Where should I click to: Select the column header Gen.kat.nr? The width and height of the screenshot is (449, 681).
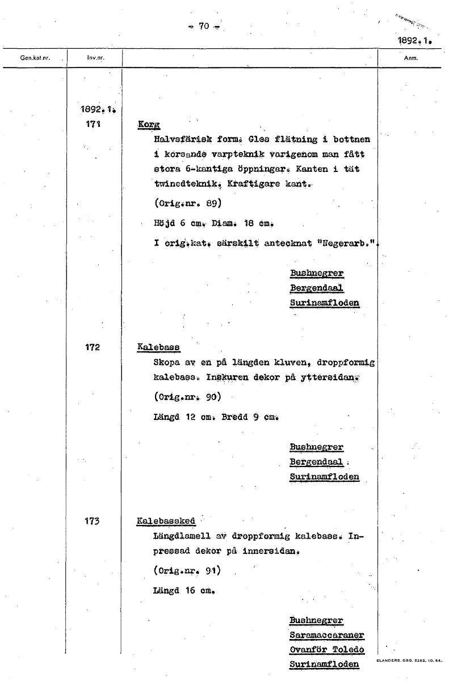click(x=34, y=58)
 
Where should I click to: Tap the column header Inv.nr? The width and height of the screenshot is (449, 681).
click(x=95, y=58)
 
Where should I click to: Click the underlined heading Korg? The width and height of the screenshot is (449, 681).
click(x=149, y=124)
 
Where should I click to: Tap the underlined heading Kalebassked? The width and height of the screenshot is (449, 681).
click(x=166, y=521)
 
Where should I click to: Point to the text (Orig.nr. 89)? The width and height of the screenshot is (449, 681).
click(x=187, y=203)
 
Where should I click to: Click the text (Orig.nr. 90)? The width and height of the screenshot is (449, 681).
click(x=187, y=396)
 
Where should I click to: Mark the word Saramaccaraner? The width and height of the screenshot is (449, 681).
click(x=326, y=635)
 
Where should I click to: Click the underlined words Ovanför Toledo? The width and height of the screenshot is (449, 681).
click(x=326, y=650)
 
